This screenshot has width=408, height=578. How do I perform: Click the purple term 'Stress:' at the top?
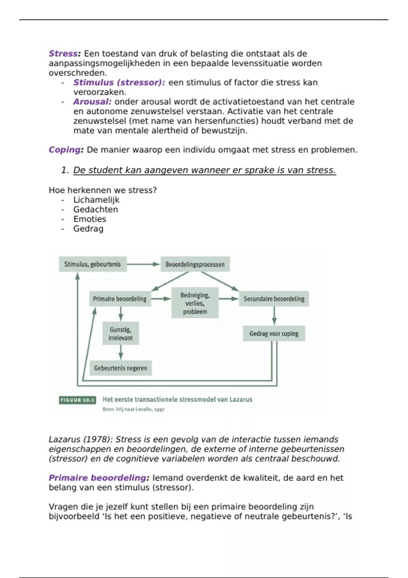(x=65, y=54)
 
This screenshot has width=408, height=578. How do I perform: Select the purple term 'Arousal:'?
(x=92, y=102)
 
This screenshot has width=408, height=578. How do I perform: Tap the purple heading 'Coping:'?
(x=66, y=150)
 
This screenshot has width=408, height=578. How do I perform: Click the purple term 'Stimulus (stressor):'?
(x=119, y=83)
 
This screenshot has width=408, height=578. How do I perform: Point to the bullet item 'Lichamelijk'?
(x=96, y=200)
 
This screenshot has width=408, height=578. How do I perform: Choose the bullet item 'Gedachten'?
(x=96, y=209)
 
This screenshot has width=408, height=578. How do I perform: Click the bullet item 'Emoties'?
(x=90, y=219)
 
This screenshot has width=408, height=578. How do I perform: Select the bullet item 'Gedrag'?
(x=88, y=229)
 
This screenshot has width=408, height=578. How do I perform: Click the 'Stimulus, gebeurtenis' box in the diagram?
(x=92, y=264)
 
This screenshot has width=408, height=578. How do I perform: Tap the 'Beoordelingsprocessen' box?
(x=195, y=264)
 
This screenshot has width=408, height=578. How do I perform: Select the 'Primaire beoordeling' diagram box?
(x=120, y=299)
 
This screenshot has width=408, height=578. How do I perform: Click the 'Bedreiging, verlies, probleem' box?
(x=195, y=303)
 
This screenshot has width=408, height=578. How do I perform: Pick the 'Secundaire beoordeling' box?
(x=274, y=299)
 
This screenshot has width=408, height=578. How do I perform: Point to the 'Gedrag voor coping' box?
(x=274, y=334)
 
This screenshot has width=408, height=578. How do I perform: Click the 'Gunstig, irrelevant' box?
(x=121, y=334)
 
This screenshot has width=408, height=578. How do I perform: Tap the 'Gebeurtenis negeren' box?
(x=121, y=368)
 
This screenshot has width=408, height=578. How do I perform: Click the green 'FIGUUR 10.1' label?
(x=77, y=400)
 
